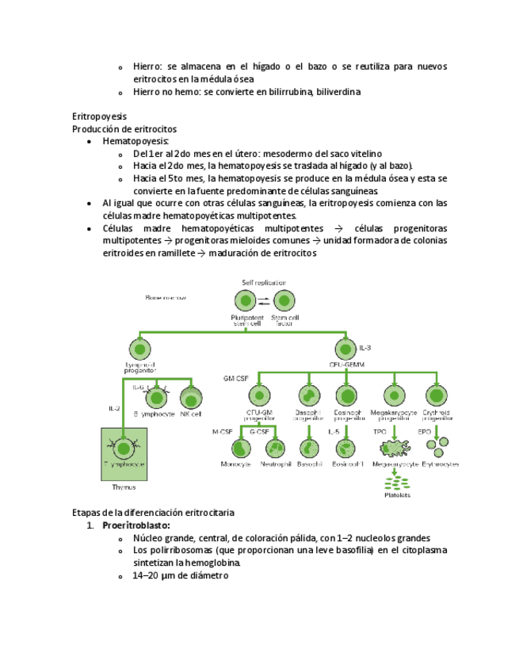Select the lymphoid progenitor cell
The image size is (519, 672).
tap(139, 349)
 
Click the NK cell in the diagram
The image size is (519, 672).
tap(190, 398)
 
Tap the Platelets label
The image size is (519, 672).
tap(398, 495)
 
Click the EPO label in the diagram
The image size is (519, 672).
tap(424, 432)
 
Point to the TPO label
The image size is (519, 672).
tap(380, 432)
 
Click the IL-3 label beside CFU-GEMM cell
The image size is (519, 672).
tap(365, 348)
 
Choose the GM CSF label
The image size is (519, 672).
tap(235, 380)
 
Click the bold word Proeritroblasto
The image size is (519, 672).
tap(136, 525)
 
